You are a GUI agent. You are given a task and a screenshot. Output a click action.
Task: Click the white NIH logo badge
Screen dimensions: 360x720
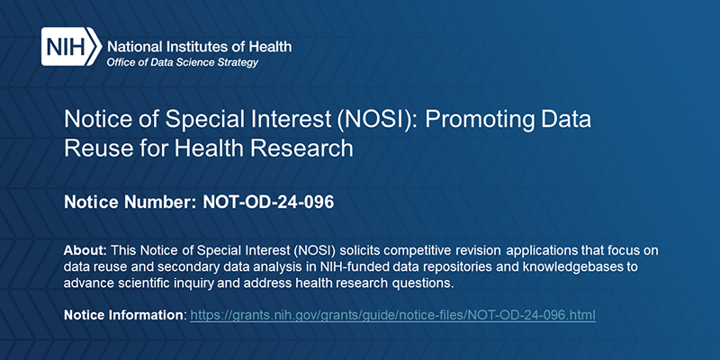click(70, 47)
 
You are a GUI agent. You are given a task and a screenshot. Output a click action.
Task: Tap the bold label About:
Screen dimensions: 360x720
click(86, 248)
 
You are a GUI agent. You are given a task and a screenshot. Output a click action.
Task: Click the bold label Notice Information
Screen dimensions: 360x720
click(123, 316)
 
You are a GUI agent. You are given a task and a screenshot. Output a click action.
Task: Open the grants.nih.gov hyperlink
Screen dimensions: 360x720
click(393, 316)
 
